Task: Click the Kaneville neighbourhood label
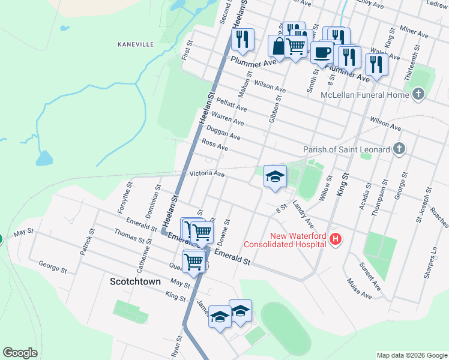[x=136, y=44]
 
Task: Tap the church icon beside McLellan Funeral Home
[x=418, y=94]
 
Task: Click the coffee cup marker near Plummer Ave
[x=322, y=52]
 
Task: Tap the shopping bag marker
[x=279, y=45]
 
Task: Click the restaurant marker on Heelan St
[x=243, y=39]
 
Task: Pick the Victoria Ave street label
[x=206, y=175]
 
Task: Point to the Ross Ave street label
[x=215, y=145]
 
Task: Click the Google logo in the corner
[x=20, y=353]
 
